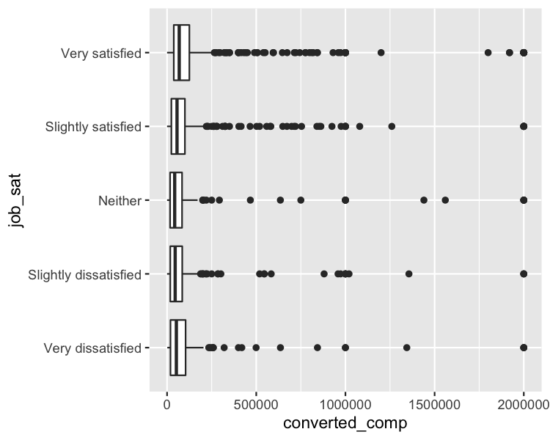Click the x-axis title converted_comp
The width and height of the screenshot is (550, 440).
[x=345, y=423]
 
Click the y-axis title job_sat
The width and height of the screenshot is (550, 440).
[x=16, y=200]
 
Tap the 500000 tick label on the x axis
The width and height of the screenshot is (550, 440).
[x=256, y=404]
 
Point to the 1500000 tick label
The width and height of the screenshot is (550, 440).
[x=434, y=404]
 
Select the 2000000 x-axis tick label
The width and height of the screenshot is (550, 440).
[x=524, y=404]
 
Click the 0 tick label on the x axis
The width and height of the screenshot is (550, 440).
[x=166, y=404]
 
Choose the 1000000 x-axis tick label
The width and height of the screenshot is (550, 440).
[x=345, y=404]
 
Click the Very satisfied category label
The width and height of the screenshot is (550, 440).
[x=100, y=53]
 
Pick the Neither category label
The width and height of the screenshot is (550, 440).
[x=120, y=200]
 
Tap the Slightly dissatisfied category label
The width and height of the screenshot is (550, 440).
[x=84, y=274]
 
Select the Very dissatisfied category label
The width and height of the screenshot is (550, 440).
[x=92, y=348]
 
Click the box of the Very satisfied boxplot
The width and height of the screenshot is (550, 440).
[x=182, y=53]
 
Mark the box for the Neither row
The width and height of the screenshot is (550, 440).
[x=176, y=200]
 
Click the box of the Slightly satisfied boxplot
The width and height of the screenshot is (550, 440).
[x=178, y=126]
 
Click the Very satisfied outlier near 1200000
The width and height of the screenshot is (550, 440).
[x=381, y=53]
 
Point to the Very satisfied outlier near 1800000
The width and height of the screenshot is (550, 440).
[x=488, y=53]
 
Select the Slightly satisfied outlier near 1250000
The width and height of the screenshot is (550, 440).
[x=392, y=126]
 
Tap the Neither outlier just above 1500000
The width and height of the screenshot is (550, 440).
[x=445, y=200]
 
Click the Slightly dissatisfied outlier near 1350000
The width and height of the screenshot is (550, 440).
[x=408, y=274]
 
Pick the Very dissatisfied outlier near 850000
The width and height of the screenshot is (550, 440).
[x=318, y=348]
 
